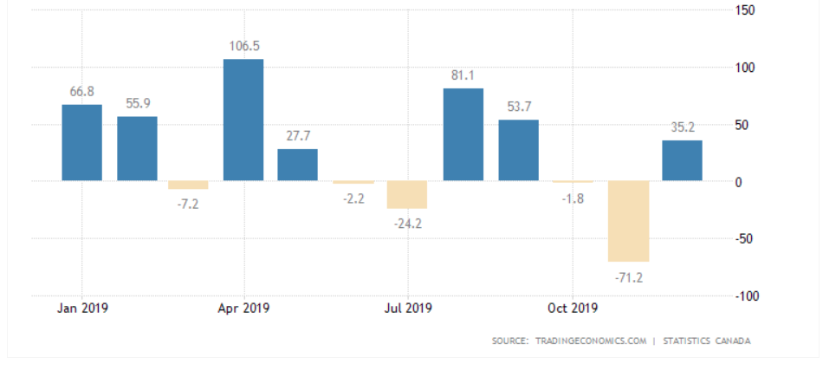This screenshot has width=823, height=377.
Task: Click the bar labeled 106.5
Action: tap(243, 120)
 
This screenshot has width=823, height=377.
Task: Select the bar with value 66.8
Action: tap(81, 143)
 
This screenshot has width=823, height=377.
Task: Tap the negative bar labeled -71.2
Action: tap(628, 221)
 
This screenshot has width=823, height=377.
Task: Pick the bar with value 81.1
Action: tap(463, 134)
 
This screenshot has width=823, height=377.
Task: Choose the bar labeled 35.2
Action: tap(683, 160)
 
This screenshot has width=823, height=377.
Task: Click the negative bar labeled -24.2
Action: tap(407, 195)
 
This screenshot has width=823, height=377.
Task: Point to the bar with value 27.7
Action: tap(298, 165)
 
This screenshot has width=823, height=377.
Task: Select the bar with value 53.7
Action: tap(518, 150)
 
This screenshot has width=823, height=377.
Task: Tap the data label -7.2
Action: tap(188, 205)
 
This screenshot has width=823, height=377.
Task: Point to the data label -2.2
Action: tap(353, 199)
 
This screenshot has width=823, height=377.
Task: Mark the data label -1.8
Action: tap(573, 198)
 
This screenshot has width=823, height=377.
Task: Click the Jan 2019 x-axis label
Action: tap(81, 308)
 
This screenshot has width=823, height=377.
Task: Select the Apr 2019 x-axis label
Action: tap(244, 308)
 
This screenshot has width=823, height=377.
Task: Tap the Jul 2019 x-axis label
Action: tap(407, 308)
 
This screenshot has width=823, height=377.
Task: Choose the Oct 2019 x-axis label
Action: tap(572, 308)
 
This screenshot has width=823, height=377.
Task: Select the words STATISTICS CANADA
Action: tap(706, 341)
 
